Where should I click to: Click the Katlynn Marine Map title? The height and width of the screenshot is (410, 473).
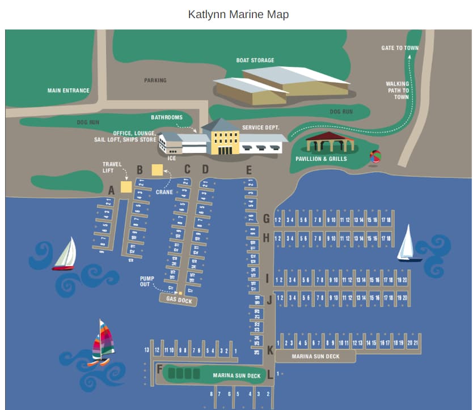238,14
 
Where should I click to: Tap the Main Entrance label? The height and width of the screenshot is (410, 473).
68,91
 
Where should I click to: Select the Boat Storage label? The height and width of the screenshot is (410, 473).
255,60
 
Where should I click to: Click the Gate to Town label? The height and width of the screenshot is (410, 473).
400,48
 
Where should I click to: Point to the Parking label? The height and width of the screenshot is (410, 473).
155,80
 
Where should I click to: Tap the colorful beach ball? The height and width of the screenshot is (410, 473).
375,156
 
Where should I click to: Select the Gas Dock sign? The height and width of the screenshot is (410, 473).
179,300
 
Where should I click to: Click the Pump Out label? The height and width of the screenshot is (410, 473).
147,281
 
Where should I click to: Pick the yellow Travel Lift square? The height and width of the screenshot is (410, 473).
126,186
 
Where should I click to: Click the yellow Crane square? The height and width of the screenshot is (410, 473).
157,169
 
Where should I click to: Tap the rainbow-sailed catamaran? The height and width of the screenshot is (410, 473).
103,342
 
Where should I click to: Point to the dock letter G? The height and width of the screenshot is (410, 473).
266,219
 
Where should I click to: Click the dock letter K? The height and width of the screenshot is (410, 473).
270,351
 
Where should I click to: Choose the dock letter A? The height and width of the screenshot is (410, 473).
111,191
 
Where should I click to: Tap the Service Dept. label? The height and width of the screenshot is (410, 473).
261,127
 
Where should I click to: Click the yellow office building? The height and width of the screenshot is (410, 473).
225,139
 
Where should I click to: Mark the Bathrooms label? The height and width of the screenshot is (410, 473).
167,117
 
